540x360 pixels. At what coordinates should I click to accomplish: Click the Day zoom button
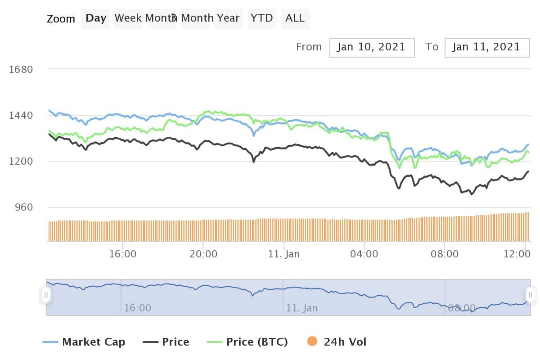tap(96, 18)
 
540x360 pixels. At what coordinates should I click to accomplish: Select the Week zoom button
tap(129, 18)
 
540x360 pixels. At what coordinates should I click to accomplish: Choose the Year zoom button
tap(228, 18)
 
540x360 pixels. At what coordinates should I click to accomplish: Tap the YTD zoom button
tap(262, 18)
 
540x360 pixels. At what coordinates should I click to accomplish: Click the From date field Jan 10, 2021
tap(372, 47)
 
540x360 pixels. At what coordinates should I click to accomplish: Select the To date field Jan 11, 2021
tap(486, 47)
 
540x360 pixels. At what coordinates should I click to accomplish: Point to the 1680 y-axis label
tap(21, 69)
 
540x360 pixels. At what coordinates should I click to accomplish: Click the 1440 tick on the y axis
tap(21, 116)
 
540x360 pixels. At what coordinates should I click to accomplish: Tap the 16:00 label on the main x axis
tap(123, 254)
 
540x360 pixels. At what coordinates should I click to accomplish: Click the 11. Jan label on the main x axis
tap(283, 254)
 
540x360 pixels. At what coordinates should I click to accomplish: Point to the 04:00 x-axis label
tap(364, 254)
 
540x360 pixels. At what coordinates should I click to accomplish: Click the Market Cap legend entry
tap(84, 342)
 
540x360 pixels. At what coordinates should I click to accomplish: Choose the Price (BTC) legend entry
tap(247, 342)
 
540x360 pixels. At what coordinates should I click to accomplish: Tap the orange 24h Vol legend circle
tap(312, 342)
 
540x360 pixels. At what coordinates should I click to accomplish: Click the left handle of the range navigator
tap(46, 295)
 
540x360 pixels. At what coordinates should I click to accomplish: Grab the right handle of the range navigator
tap(531, 295)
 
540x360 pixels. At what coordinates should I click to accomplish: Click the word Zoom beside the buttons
tap(61, 19)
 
